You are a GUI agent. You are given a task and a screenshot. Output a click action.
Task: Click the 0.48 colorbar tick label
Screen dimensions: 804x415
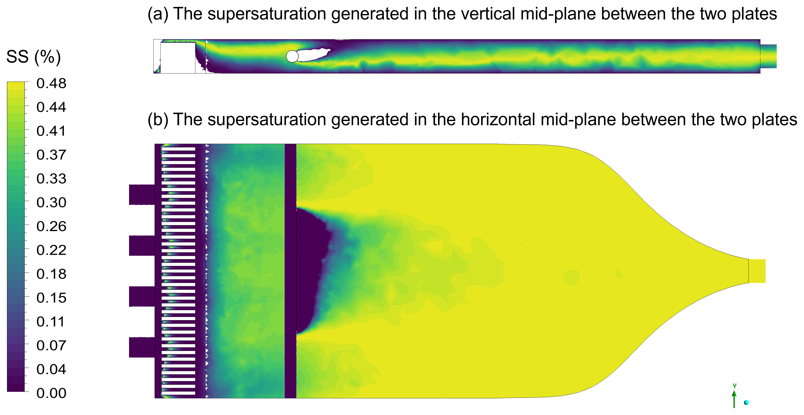point(51,83)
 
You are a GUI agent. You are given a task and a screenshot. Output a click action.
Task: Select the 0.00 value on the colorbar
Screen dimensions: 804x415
point(51,393)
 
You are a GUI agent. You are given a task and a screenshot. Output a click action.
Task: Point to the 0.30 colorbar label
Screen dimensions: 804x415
point(51,202)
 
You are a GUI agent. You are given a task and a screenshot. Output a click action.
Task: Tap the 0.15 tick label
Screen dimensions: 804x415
point(51,298)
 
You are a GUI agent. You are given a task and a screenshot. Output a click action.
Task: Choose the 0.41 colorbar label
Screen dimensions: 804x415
point(51,131)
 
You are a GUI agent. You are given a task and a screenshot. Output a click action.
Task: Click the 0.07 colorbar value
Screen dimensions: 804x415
point(51,346)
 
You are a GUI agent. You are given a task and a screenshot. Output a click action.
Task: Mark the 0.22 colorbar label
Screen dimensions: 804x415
point(51,250)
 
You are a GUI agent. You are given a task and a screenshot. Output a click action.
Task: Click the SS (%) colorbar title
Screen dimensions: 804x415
point(33,57)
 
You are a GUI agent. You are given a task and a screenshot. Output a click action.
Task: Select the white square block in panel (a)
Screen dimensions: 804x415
point(178,58)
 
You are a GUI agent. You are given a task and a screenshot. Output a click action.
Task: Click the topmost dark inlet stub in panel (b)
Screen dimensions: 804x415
point(142,195)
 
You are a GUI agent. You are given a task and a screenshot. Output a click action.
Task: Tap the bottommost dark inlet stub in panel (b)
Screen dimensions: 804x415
point(142,347)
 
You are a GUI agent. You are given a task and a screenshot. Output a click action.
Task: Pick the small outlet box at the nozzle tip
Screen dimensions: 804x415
point(757,271)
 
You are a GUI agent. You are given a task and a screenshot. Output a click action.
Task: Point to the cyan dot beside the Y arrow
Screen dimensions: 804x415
point(746,402)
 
